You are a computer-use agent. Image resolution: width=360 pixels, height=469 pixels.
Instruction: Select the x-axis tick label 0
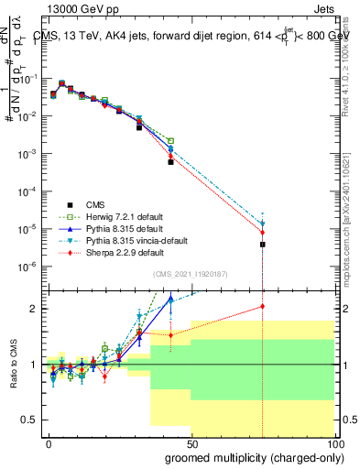click(48, 442)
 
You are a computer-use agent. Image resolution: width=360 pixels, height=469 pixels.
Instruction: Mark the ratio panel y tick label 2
click(34, 308)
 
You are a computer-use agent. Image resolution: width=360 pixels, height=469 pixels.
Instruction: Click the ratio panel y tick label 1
click(34, 365)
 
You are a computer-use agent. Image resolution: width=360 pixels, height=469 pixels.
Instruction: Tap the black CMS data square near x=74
click(262, 245)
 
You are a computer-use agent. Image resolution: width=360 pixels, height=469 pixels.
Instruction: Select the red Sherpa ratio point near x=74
click(262, 307)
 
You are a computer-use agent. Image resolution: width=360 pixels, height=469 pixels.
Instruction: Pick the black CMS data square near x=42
click(170, 161)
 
